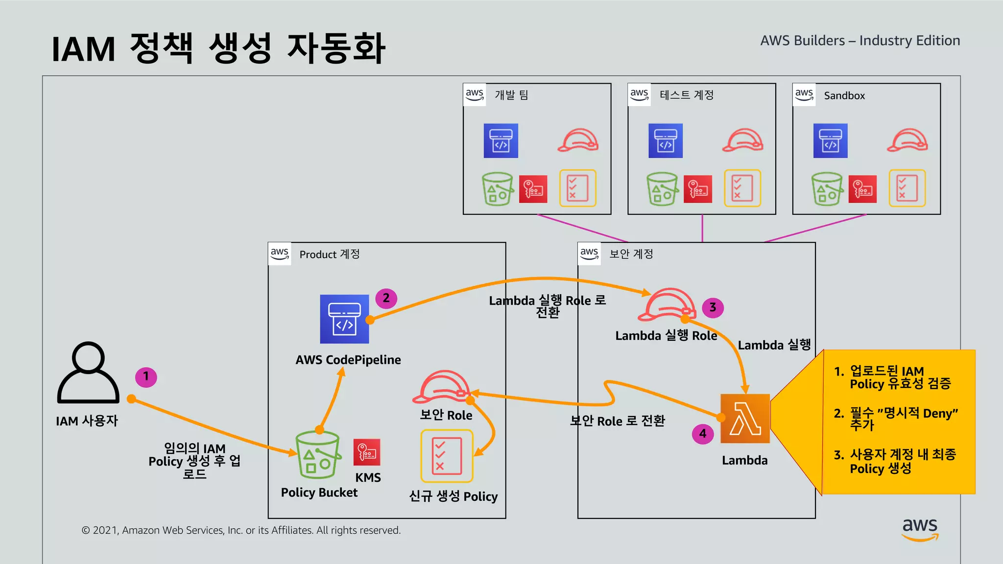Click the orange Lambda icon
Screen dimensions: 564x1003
pyautogui.click(x=745, y=419)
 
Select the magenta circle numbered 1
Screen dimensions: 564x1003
pyautogui.click(x=146, y=377)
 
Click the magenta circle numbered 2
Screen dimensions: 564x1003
pyautogui.click(x=386, y=298)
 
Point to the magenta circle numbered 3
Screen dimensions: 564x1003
pyautogui.click(x=713, y=307)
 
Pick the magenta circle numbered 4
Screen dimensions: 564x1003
pyautogui.click(x=703, y=434)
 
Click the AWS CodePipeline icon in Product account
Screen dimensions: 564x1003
pyautogui.click(x=344, y=319)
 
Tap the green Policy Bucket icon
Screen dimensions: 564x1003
pyautogui.click(x=318, y=455)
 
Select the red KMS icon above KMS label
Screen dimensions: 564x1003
pyautogui.click(x=367, y=452)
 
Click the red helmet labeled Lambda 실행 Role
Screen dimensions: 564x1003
pyautogui.click(x=667, y=305)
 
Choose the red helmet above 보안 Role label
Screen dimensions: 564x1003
pyautogui.click(x=442, y=386)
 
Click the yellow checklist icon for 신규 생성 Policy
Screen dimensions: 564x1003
pyautogui.click(x=447, y=456)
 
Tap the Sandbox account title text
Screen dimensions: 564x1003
pyautogui.click(x=844, y=95)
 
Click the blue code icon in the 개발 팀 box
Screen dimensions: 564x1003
pyautogui.click(x=501, y=141)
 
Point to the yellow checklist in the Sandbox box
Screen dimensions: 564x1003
pyautogui.click(x=907, y=188)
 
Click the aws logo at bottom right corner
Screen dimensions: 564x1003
pyautogui.click(x=920, y=529)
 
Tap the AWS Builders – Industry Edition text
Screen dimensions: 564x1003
pyautogui.click(x=860, y=41)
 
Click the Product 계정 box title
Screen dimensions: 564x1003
pyautogui.click(x=329, y=254)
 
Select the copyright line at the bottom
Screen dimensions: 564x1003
pyautogui.click(x=241, y=530)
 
